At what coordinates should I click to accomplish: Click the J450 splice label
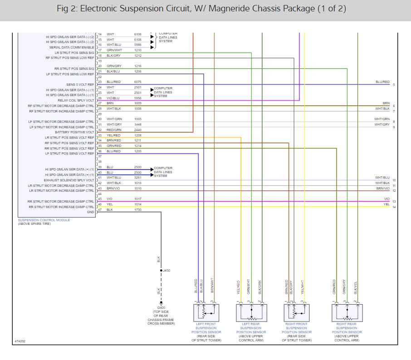click(166, 271)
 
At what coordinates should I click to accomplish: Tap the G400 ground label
click(161, 308)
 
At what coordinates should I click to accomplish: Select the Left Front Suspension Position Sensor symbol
click(206, 312)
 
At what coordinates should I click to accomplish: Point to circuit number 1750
click(138, 210)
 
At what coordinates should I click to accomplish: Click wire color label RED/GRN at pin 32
click(114, 130)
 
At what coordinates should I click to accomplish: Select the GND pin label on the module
click(91, 212)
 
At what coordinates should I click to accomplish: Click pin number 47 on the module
click(100, 209)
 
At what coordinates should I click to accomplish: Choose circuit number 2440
click(138, 130)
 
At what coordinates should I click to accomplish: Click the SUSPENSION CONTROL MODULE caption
click(44, 220)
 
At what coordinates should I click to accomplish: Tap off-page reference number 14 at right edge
click(394, 207)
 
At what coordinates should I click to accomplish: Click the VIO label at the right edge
click(387, 199)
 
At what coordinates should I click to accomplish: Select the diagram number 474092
click(20, 341)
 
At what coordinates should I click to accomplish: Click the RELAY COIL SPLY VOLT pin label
click(72, 101)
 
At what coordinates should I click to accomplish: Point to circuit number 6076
click(138, 82)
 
